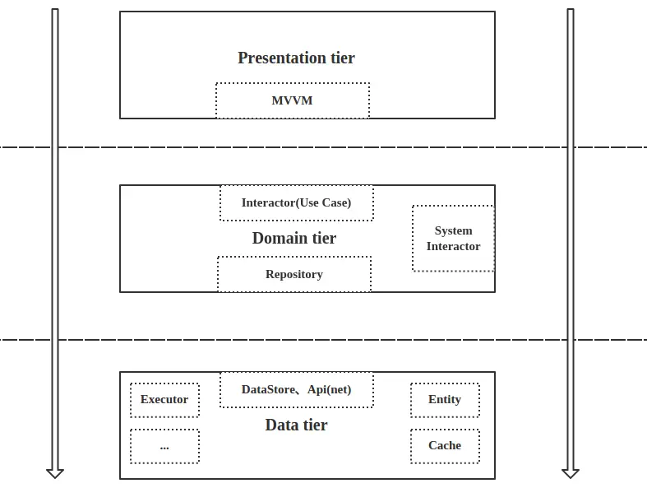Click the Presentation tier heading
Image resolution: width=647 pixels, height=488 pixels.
[296, 58]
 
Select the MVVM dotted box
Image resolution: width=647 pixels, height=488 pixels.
[293, 100]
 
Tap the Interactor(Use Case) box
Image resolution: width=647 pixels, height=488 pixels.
[297, 203]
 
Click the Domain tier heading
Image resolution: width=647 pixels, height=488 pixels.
[294, 238]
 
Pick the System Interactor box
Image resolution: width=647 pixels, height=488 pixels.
[453, 239]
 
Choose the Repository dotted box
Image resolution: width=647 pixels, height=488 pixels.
[294, 274]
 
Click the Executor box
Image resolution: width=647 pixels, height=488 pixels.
[164, 400]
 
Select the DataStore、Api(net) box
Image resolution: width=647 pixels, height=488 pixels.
[297, 389]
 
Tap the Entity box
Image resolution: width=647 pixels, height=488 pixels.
[445, 400]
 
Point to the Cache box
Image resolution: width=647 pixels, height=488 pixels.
[445, 446]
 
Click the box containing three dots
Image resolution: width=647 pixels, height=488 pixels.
[164, 446]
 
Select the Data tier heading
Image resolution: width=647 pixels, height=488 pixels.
[296, 425]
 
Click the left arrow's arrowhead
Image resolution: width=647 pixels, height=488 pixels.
[55, 473]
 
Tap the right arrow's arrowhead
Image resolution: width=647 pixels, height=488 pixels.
[571, 473]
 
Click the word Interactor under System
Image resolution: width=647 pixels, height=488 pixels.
[453, 246]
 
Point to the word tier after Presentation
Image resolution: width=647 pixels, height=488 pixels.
[343, 58]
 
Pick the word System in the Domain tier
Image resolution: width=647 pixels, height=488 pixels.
[453, 230]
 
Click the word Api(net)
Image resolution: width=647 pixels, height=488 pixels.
[330, 389]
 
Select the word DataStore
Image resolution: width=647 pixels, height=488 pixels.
[268, 389]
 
